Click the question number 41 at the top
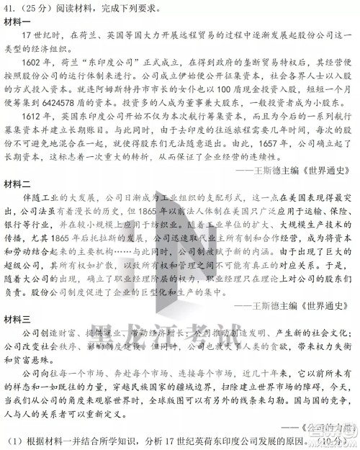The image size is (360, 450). pyautogui.click(x=10, y=6)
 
